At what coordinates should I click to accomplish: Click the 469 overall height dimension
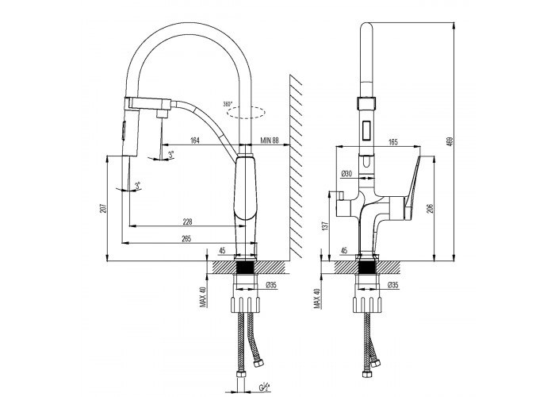click(x=450, y=142)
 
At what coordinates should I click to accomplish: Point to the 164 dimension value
click(x=195, y=141)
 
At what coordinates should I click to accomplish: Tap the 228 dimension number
click(x=186, y=222)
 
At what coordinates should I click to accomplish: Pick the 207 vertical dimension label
click(x=102, y=209)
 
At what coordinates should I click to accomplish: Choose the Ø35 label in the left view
click(x=270, y=285)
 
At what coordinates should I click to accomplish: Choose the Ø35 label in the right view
click(x=392, y=285)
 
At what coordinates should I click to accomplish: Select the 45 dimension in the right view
click(x=343, y=251)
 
